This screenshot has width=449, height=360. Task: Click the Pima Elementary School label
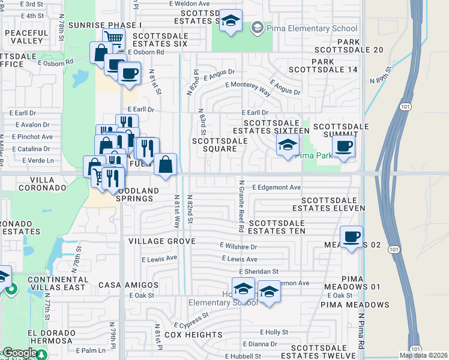[x=312, y=28]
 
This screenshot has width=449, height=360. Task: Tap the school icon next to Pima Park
[x=288, y=145]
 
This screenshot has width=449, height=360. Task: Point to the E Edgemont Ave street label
[x=276, y=188]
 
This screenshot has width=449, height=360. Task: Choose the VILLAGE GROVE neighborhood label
[x=161, y=241]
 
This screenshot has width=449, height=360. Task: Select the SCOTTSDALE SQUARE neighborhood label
[x=219, y=145]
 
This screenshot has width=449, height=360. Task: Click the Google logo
[x=19, y=353]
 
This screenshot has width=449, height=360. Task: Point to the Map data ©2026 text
[x=423, y=355]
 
